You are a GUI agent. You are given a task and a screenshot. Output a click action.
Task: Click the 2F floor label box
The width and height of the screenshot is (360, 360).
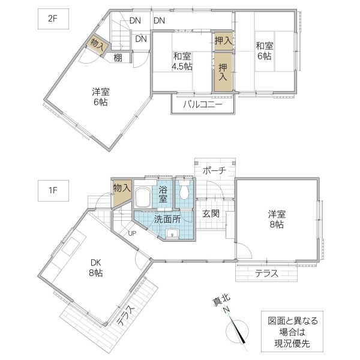pos(50,19)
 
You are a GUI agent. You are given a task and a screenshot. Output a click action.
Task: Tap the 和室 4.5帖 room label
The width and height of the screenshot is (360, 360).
pos(181,61)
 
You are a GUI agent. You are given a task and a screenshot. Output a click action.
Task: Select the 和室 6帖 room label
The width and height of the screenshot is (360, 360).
pos(265,50)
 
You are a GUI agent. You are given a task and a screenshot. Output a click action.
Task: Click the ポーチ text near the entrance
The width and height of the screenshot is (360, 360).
pos(214,170)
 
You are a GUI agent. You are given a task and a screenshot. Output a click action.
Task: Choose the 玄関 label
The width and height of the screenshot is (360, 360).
pos(210,213)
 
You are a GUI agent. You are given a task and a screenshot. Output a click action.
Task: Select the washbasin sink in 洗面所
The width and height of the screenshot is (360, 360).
pos(172,233)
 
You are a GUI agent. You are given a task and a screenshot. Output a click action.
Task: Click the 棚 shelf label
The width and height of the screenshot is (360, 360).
pos(118,58)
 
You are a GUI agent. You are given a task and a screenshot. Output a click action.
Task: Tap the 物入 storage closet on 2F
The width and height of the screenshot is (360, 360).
pos(97,43)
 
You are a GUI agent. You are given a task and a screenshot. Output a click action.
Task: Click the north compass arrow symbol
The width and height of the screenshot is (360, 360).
pos(238,329)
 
